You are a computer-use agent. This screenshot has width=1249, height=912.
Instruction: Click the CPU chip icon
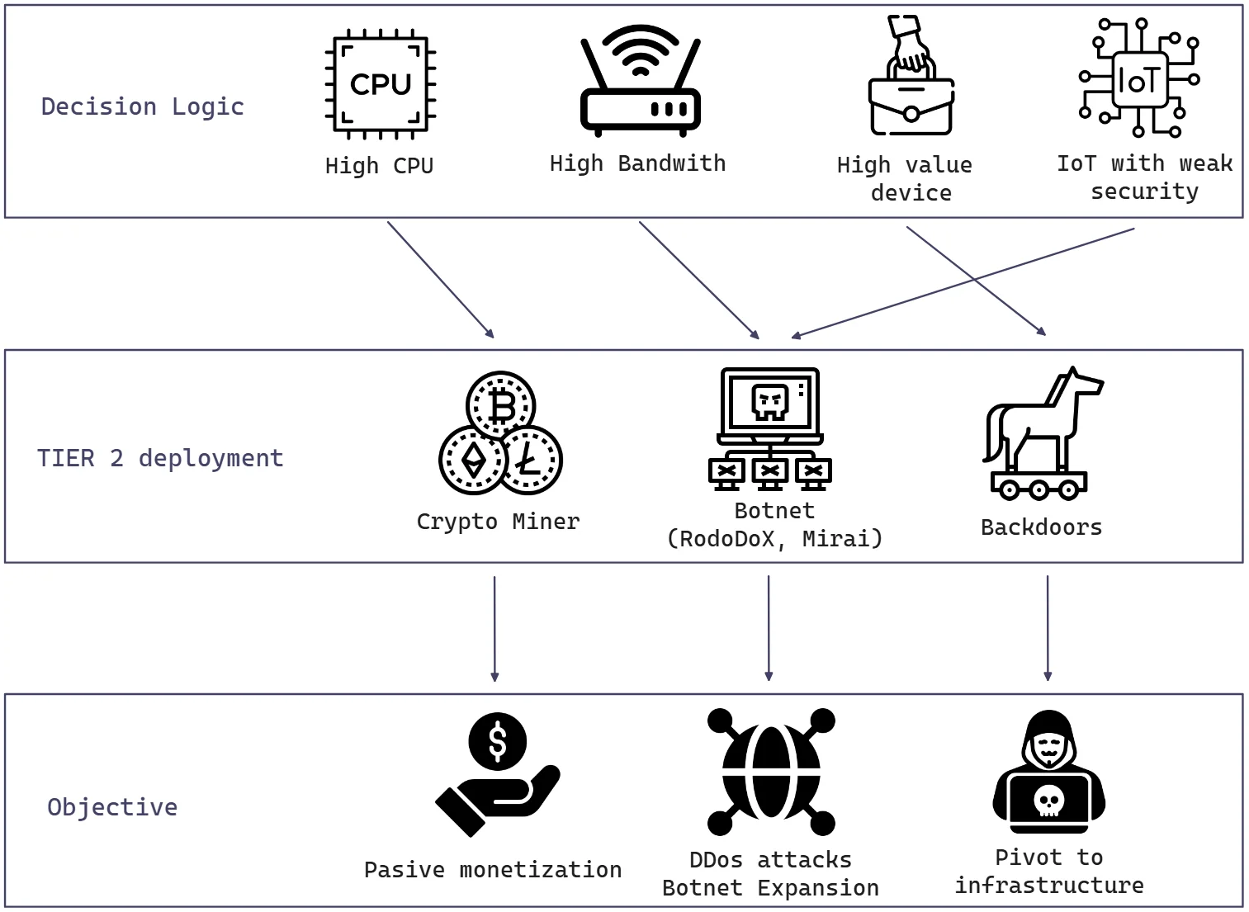pyautogui.click(x=380, y=84)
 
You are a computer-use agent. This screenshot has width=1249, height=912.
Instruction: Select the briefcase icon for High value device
pyautogui.click(x=911, y=78)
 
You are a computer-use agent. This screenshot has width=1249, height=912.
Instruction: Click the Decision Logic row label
pyautogui.click(x=143, y=106)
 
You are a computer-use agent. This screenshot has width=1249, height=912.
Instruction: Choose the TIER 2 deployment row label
pyautogui.click(x=160, y=458)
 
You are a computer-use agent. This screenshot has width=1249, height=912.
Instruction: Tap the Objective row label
pyautogui.click(x=112, y=807)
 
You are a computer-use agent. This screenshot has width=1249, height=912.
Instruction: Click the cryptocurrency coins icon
pyautogui.click(x=500, y=434)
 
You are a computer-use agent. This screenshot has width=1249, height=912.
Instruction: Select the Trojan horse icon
pyautogui.click(x=1042, y=434)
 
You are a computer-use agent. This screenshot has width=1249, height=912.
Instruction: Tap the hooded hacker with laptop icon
pyautogui.click(x=1048, y=773)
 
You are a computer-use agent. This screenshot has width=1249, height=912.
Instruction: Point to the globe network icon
pyautogui.click(x=771, y=772)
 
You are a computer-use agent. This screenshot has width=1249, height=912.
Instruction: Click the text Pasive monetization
pyautogui.click(x=493, y=870)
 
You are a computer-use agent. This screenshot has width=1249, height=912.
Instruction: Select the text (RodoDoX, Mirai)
pyautogui.click(x=774, y=539)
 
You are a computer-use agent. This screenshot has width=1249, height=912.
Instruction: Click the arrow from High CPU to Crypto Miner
pyautogui.click(x=441, y=280)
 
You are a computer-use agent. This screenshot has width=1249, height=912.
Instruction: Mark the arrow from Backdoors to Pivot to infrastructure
pyautogui.click(x=1048, y=627)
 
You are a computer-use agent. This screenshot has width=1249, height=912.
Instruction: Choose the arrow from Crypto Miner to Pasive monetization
pyautogui.click(x=494, y=627)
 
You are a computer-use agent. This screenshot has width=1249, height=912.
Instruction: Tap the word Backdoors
pyautogui.click(x=1041, y=527)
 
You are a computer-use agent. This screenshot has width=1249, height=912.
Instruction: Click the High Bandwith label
pyautogui.click(x=637, y=163)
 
